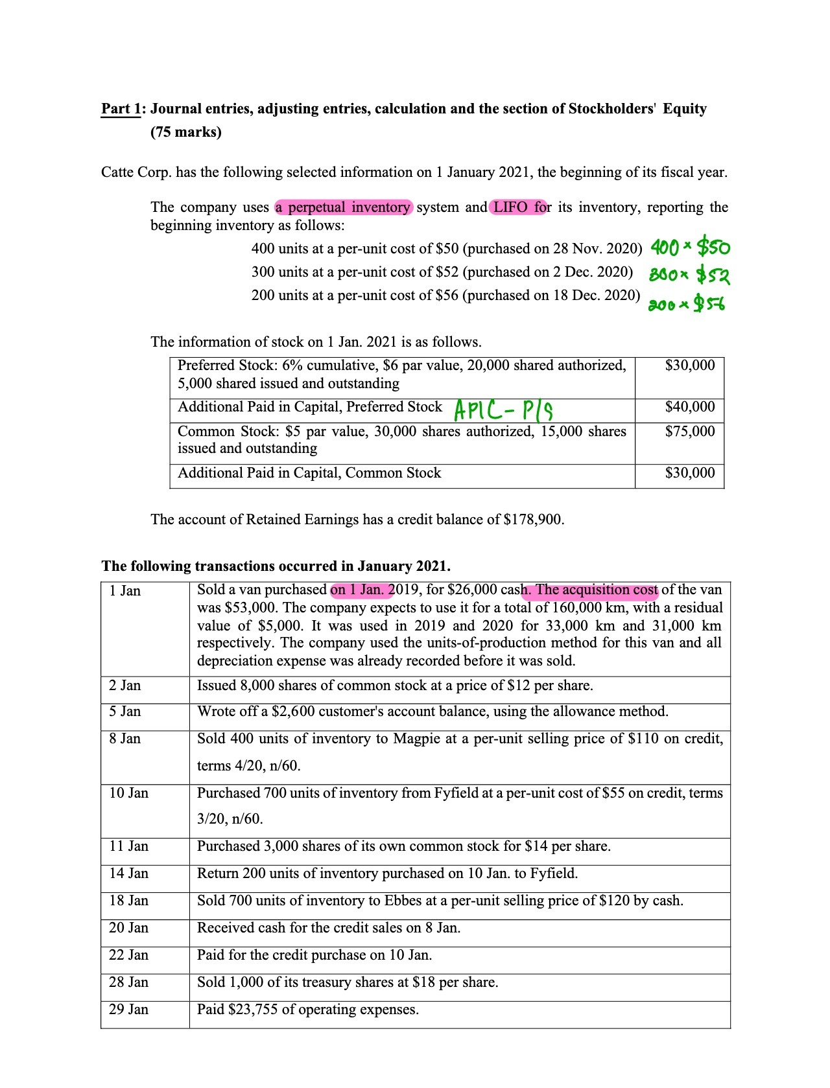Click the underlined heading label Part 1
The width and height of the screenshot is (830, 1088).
coord(121,109)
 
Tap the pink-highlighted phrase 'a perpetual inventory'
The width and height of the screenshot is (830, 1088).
coord(343,207)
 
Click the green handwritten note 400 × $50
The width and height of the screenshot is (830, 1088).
coord(689,247)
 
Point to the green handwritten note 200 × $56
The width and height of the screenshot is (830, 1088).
coord(687,303)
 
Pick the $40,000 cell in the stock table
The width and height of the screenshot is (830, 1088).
coord(689,407)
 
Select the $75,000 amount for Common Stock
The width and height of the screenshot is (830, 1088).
coord(689,432)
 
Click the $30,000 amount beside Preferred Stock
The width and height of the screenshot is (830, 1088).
coord(689,365)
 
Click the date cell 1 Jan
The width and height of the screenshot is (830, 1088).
coord(124,591)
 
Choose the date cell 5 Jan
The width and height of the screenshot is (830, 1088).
coord(124,712)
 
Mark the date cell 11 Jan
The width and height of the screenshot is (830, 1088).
coord(128,846)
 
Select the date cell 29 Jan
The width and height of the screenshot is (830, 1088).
coord(128,1010)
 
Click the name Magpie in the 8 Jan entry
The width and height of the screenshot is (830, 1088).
coord(416,739)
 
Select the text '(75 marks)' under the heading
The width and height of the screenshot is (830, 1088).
coord(186,132)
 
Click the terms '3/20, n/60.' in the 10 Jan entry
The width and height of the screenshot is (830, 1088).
coord(230,819)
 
